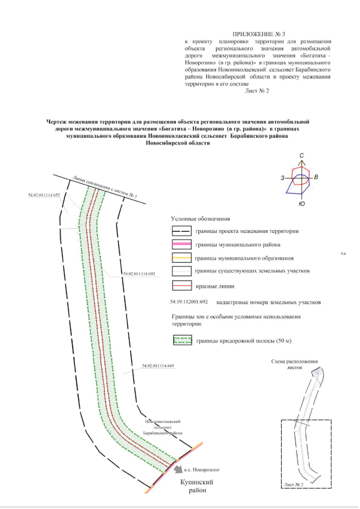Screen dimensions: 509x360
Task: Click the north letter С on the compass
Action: tap(302, 155)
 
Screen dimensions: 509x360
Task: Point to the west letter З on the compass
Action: tap(282, 178)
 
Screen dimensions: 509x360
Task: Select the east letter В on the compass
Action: tap(317, 178)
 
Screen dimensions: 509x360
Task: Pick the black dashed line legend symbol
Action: tap(182, 231)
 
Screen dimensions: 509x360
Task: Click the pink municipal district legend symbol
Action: tap(182, 245)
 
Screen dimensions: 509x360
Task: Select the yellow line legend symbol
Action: tap(182, 258)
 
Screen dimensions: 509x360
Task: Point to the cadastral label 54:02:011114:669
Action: tap(159, 366)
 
